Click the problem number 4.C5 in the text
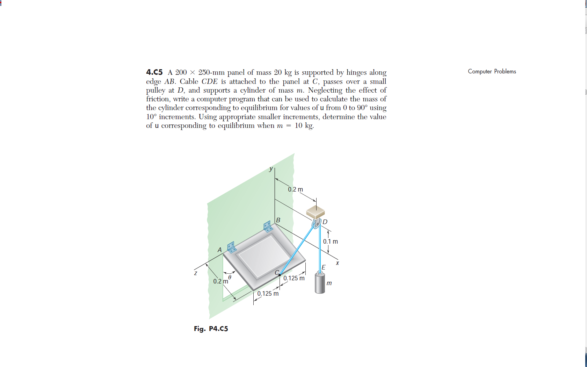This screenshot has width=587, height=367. click(154, 72)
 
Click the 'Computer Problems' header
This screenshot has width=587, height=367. click(492, 71)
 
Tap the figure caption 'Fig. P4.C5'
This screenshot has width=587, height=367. click(211, 329)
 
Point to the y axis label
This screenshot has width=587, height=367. click(271, 169)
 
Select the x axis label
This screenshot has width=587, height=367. click(337, 263)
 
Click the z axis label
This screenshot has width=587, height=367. click(196, 273)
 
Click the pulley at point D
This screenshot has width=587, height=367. click(316, 224)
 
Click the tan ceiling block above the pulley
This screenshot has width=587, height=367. click(316, 211)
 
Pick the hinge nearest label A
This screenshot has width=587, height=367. click(232, 247)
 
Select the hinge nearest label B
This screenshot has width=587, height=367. click(268, 226)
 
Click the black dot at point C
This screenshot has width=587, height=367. click(280, 275)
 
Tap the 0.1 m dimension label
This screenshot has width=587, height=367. click(330, 242)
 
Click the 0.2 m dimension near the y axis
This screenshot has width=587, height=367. click(295, 189)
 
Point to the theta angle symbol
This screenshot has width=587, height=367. click(230, 277)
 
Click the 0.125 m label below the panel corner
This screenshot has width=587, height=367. click(268, 294)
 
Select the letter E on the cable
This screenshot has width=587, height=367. click(323, 267)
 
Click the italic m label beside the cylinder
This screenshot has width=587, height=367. click(329, 283)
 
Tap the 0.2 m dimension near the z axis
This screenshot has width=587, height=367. click(220, 281)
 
